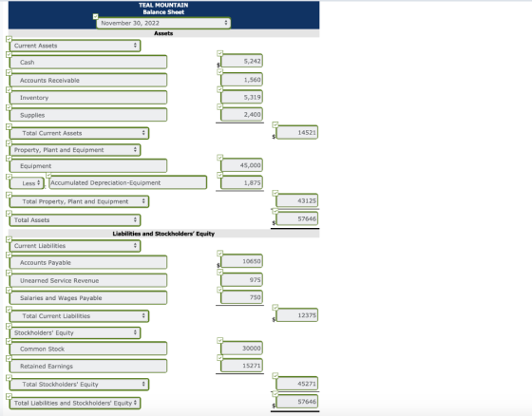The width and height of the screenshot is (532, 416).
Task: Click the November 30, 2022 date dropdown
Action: click(163, 23)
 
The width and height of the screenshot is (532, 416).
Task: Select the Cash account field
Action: click(88, 62)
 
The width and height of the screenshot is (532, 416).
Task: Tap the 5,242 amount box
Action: click(241, 61)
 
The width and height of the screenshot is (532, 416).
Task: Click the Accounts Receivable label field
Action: click(88, 80)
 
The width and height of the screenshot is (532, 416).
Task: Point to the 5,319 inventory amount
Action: click(241, 97)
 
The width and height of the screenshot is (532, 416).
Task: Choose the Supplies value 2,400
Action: click(241, 114)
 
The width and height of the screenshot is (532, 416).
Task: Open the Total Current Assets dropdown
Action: click(79, 133)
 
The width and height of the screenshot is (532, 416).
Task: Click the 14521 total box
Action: click(297, 132)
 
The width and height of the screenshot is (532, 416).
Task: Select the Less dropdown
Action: click(27, 183)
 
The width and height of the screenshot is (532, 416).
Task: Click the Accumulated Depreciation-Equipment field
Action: click(128, 182)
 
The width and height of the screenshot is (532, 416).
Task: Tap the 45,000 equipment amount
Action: click(241, 165)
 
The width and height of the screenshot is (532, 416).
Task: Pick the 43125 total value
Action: click(297, 200)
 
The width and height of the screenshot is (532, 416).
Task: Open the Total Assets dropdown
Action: click(75, 220)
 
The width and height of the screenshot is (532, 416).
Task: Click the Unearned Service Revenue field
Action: click(88, 280)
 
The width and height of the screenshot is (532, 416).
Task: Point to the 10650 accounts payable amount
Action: click(241, 261)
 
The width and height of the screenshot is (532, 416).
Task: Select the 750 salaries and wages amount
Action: click(241, 297)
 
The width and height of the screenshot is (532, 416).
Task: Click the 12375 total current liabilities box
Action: click(297, 315)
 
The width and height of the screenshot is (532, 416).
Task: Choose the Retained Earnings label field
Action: click(88, 366)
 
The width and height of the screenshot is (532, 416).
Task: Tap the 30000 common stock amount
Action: click(241, 349)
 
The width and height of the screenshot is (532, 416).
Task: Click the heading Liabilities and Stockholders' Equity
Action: click(163, 234)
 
